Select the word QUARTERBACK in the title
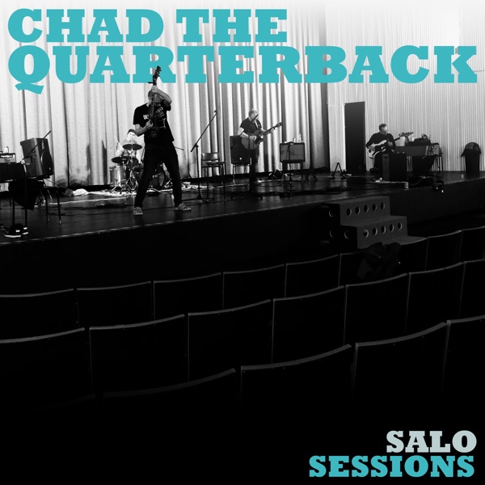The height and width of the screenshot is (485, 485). [x=242, y=66]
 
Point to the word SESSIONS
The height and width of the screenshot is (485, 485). [x=392, y=466]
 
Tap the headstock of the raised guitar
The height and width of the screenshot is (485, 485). [x=157, y=72]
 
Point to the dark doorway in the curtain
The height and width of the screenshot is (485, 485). [x=355, y=138]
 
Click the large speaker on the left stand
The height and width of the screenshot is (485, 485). [x=37, y=158]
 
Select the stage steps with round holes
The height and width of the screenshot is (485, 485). [x=366, y=221]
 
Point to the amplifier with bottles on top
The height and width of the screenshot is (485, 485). [x=292, y=152]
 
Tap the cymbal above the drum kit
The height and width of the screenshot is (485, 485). [x=133, y=146]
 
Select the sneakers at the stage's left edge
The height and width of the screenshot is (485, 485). [x=16, y=230]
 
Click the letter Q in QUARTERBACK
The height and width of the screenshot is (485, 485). [x=27, y=70]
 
